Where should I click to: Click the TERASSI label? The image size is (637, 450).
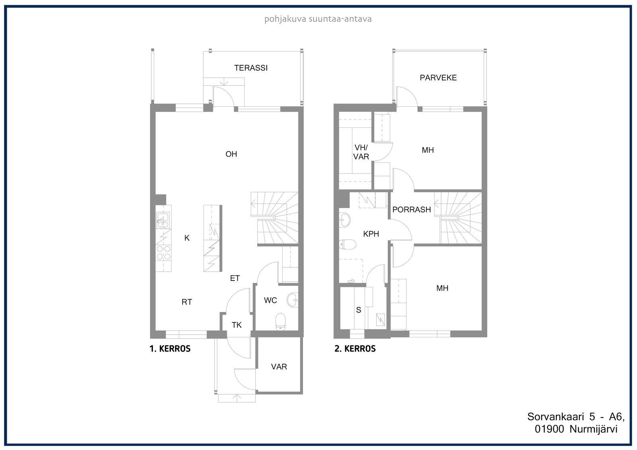tap(251, 68)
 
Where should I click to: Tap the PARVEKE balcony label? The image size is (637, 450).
tap(438, 78)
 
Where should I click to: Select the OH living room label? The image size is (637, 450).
tap(231, 154)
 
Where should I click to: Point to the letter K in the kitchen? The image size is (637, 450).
tap(187, 238)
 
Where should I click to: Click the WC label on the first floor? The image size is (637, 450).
tap(270, 300)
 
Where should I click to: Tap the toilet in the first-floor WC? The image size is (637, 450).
tap(281, 322)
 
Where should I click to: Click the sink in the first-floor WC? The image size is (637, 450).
tap(292, 300)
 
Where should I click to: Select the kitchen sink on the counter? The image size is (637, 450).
tap(163, 220)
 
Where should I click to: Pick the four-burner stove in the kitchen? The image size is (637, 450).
tap(164, 253)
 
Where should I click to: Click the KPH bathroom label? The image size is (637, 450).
tap(371, 234)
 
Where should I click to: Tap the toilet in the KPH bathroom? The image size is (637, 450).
tap(348, 244)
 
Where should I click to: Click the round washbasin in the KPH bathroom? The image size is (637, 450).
tap(345, 220)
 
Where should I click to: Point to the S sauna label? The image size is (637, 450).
tap(359, 310)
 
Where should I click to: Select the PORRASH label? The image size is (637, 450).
tap(412, 210)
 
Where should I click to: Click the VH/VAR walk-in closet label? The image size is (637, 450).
tap(361, 152)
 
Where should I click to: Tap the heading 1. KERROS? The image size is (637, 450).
tap(170, 349)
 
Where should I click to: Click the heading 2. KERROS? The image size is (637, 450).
tap(355, 349)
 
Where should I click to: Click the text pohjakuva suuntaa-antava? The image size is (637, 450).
tap(318, 19)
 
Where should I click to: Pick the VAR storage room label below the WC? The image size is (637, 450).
tap(279, 367)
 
